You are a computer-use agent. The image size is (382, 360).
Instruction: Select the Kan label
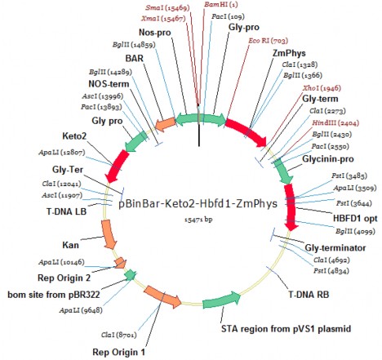48,243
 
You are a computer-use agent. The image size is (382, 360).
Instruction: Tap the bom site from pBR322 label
51,292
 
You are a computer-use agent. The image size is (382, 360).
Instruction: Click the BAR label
135,58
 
